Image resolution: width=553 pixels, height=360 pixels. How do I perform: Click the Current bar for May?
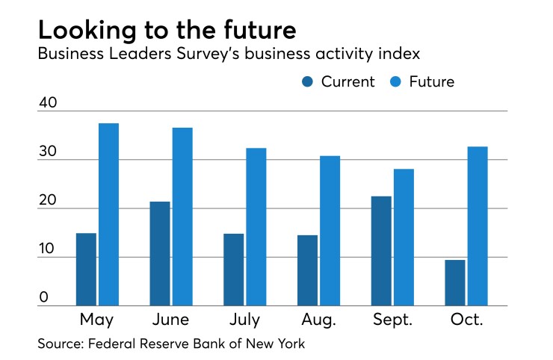point(86,270)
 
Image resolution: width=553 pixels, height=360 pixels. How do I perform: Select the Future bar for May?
point(109,214)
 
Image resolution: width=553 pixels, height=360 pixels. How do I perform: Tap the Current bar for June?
point(160,254)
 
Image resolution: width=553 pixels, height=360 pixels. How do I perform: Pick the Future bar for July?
point(256,227)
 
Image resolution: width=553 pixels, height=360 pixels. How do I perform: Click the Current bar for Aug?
point(307,270)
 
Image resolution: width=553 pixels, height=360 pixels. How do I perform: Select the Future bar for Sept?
point(404,238)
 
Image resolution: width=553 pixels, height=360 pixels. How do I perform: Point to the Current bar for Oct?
point(455,283)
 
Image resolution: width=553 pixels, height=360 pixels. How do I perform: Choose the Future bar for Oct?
point(478,226)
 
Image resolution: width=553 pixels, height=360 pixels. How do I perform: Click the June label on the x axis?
point(171,321)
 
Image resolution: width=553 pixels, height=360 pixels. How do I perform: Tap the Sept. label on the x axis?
point(392,321)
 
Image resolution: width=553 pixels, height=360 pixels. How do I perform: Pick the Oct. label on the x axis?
point(466,321)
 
